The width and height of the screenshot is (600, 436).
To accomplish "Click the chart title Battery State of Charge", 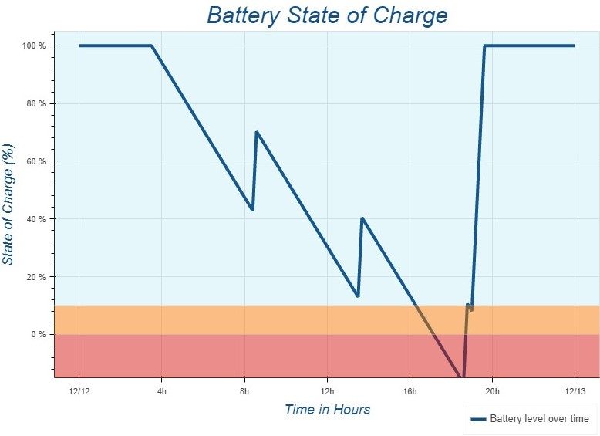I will point(327,15).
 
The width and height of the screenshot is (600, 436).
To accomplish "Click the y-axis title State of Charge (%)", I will point(8,204).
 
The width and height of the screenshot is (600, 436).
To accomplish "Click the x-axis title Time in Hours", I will point(327,410).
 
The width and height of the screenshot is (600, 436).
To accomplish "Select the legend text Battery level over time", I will point(539,419).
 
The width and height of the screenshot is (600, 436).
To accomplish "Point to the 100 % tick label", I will point(33,46).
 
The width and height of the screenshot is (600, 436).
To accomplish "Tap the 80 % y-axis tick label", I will point(35,103).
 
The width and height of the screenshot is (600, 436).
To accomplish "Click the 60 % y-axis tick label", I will point(35,161).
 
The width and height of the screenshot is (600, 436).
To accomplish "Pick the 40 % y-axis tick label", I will point(35,219).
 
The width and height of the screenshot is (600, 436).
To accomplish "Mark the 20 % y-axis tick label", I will point(35,277).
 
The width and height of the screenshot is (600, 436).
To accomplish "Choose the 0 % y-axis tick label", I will point(38,335).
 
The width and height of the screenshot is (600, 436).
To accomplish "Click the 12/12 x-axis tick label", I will point(79,390).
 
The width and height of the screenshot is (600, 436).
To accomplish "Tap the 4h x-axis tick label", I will point(162,390).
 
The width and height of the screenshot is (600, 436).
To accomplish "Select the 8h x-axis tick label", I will point(244,390).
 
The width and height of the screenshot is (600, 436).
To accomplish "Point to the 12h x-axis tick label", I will point(327,390).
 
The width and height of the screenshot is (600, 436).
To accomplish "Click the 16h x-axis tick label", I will point(410,390).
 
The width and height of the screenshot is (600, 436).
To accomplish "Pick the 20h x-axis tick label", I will point(492,390).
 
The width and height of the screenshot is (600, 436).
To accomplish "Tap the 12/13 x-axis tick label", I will point(575,390).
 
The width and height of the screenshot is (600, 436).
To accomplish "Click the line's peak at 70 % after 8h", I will point(256,132).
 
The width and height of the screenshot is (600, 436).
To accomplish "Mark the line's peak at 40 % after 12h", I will point(362,218).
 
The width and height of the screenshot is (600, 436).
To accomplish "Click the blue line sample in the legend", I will point(478,419).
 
